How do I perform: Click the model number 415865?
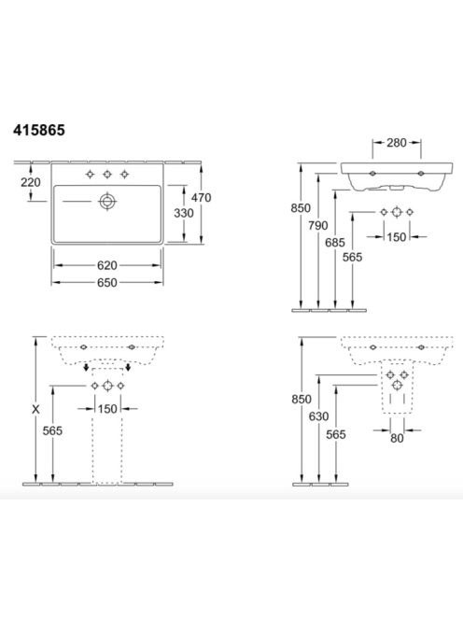pos(39,130)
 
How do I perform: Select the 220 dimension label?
pos(31,182)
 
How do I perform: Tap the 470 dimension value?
pos(202,197)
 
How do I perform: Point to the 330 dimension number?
pos(184,213)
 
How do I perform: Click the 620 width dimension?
pos(107,265)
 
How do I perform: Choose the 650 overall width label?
pos(107,282)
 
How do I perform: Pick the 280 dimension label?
pos(397,143)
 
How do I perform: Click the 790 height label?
pos(318,225)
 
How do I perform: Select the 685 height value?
pos(335,243)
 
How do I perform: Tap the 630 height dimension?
pos(318,416)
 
